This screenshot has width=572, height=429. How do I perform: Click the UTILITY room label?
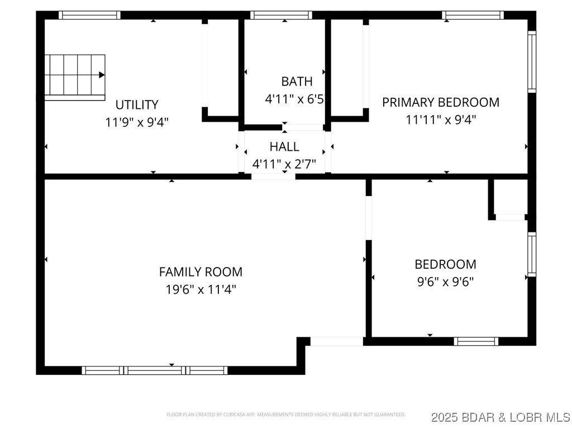pos(137,104)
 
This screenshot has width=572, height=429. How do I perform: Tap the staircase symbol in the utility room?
pos(75,77)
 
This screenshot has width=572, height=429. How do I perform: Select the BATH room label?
pos(297,82)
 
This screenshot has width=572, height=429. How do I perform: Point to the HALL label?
pos(284,147)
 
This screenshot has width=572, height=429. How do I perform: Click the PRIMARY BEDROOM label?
pos(440,102)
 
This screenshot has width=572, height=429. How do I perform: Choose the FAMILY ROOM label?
pos(201,272)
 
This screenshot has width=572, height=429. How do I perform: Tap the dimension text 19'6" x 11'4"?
pos(201,289)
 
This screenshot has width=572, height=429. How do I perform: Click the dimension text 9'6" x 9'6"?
pos(445,282)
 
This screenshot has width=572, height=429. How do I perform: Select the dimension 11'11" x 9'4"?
pos(440,119)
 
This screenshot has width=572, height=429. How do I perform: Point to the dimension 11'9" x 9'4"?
pos(137,122)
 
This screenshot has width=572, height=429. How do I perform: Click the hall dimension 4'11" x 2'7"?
pos(284,164)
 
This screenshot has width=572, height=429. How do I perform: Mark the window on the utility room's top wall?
pos(89,15)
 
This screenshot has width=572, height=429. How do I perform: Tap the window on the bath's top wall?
pos(281,15)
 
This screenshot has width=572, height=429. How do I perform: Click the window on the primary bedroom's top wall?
pos(473,15)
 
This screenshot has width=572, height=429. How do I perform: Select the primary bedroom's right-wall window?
pos(532,61)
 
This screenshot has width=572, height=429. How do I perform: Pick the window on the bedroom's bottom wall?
pos(476,341)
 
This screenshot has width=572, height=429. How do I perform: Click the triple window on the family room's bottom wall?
pos(155,370)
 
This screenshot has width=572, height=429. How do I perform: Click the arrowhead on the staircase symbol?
pos(102,75)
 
